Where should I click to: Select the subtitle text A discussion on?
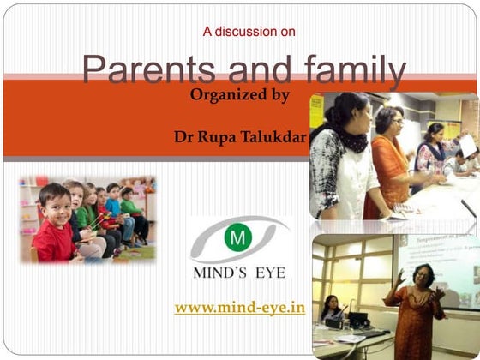click(249, 32)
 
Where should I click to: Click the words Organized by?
click(240, 95)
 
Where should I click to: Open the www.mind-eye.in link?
click(240, 308)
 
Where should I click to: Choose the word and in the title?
click(249, 69)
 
